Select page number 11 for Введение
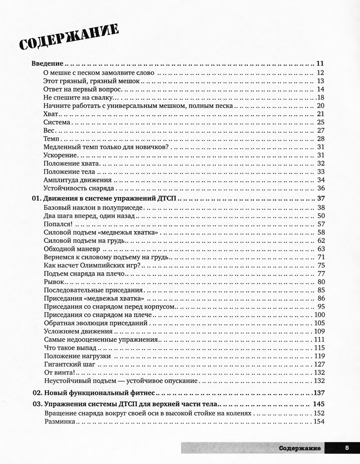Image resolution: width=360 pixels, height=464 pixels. pos(321,63)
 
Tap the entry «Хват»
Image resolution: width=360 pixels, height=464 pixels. pos(51,113)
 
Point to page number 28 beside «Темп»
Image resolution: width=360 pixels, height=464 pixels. pos(321,138)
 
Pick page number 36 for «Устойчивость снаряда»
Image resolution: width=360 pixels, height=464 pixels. pos(321,188)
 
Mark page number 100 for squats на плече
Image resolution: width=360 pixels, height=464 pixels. pos(319,314)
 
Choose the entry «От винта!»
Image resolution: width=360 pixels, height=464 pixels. pos(59,373)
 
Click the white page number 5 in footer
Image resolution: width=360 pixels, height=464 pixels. pos(347,448)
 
